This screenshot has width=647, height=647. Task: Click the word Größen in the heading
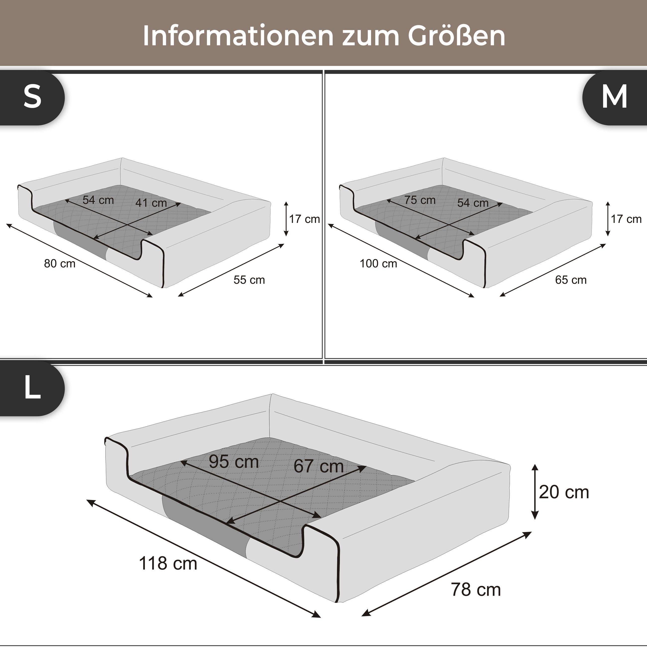point(456,36)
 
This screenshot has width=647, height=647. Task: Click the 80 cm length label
point(60,264)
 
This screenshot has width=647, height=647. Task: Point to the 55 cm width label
point(249,280)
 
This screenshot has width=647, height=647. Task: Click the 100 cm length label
point(378,264)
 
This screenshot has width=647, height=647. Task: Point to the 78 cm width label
point(476,590)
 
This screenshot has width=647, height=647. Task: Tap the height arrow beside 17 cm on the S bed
point(286,219)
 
